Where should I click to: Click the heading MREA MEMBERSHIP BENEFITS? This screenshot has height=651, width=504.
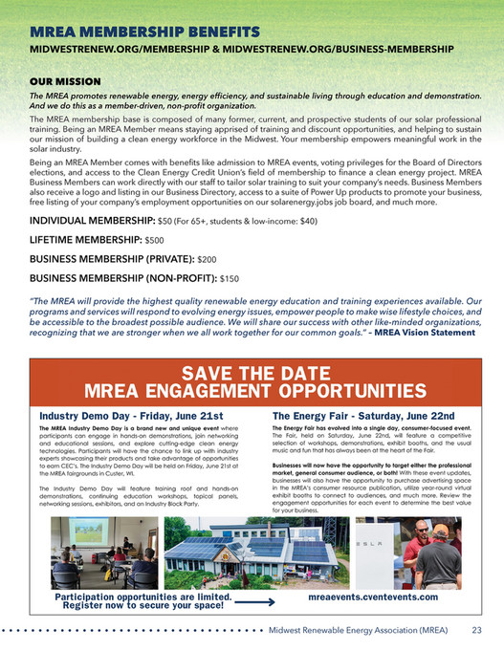point(144,33)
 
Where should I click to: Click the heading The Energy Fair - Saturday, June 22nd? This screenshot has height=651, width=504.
point(363,417)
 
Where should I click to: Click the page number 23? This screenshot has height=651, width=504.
point(475,631)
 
